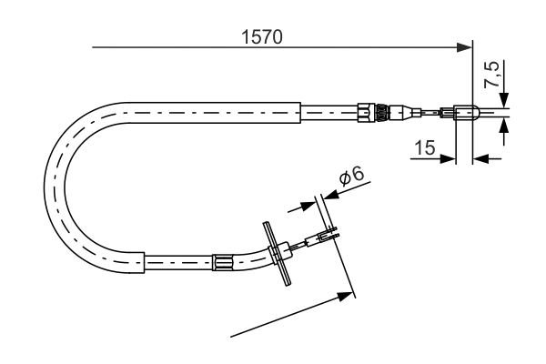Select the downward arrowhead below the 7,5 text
pos(504,102)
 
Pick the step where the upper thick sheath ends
pos(300,113)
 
